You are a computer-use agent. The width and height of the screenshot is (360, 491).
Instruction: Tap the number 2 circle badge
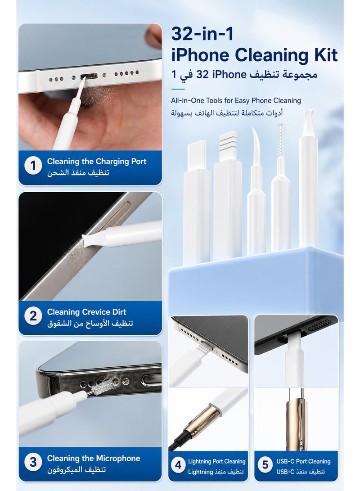33,316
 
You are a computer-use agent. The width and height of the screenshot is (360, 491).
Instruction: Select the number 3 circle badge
33,462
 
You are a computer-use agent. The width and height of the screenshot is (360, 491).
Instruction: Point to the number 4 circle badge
178,465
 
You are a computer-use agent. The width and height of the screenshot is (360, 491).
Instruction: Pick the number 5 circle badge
265,465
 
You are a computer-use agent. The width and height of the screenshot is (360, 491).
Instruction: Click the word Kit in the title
325,55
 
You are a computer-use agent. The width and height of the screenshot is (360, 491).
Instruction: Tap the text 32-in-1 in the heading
202,33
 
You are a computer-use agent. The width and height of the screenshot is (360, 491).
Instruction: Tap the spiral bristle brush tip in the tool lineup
280,140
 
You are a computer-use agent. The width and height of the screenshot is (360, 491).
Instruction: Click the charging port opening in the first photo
89,77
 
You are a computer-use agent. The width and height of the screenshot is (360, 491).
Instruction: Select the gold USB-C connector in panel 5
296,420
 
